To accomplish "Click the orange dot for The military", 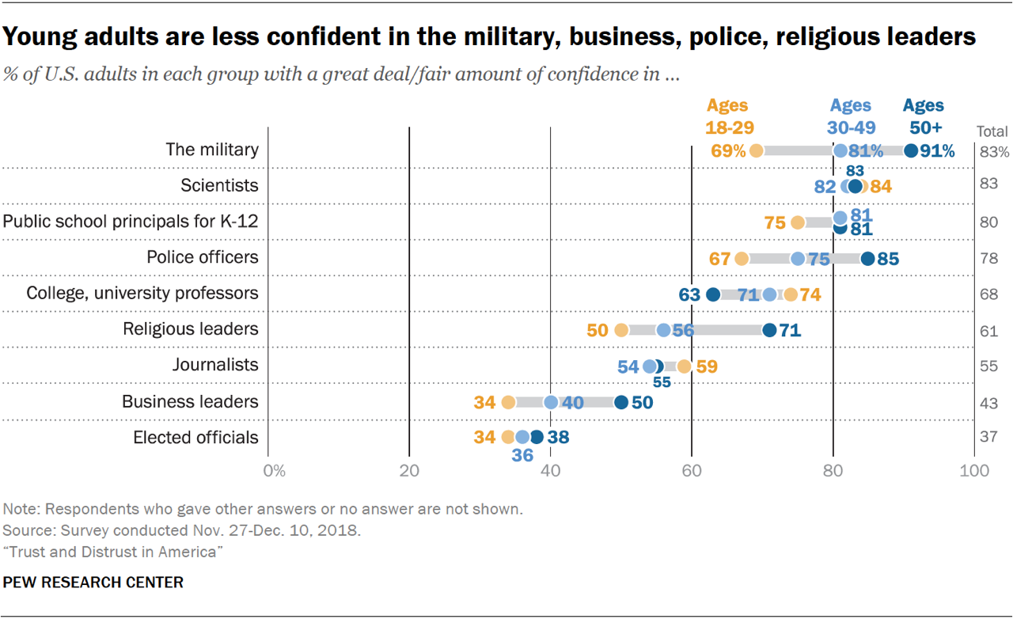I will [x=756, y=150].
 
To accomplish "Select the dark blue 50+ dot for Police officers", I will [x=867, y=258].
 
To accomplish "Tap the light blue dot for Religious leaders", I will [x=663, y=330].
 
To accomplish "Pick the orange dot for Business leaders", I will [x=507, y=402].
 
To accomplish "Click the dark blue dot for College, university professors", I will [x=712, y=294].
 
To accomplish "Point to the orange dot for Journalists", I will [x=685, y=366].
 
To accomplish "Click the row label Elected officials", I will [x=195, y=438].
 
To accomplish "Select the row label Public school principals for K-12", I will [x=131, y=222].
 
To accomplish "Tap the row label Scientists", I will [x=219, y=185].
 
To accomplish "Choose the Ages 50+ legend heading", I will [x=923, y=116].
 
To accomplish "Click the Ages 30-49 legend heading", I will [x=850, y=116].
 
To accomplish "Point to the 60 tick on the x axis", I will [x=692, y=471].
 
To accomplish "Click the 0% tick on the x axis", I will [x=273, y=471].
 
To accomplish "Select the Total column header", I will [x=992, y=131].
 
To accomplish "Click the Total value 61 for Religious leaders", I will [x=988, y=331].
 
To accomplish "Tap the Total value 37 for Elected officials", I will [x=988, y=437].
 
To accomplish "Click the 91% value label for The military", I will [x=937, y=150].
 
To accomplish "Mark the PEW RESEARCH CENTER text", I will [x=93, y=583].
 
